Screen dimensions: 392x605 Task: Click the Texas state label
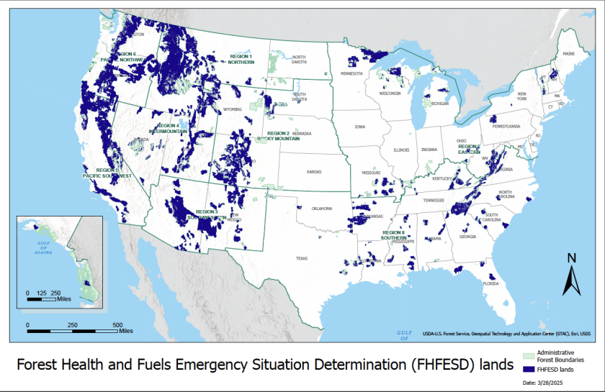click(301, 258)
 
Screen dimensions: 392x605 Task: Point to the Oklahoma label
click(321, 209)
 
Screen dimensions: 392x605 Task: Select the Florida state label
click(489, 283)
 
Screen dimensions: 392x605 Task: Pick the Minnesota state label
click(351, 73)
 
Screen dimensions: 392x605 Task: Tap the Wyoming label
click(233, 109)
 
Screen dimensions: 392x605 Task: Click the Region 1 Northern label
click(242, 58)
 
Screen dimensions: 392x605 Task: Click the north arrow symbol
click(571, 276)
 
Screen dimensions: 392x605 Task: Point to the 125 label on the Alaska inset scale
click(41, 293)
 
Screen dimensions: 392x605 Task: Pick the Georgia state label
click(468, 237)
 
